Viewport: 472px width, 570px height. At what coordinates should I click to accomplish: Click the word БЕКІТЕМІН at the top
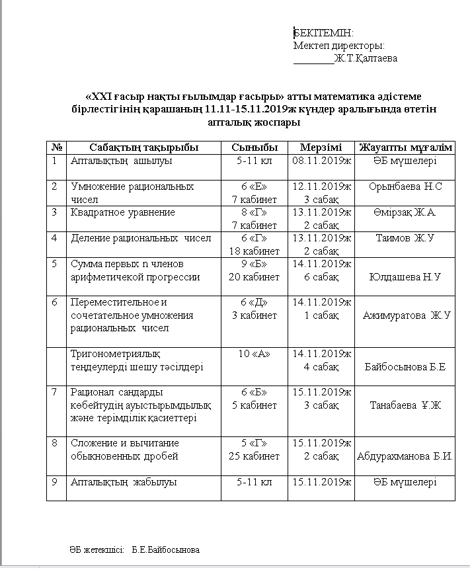(324, 33)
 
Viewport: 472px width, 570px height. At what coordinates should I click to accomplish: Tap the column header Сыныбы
(255, 147)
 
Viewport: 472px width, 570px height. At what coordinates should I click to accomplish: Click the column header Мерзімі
(321, 147)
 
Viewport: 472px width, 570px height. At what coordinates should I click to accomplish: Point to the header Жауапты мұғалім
(405, 147)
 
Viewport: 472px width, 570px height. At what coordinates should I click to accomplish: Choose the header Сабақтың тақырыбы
(143, 147)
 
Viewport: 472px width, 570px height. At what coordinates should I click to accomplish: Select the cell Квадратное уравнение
(123, 212)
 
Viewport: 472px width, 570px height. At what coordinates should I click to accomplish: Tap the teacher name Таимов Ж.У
(405, 238)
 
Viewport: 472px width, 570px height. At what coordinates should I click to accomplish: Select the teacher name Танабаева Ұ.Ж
(405, 405)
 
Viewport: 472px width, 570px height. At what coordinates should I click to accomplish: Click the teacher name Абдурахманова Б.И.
(405, 456)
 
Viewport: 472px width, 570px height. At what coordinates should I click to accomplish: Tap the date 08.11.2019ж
(321, 161)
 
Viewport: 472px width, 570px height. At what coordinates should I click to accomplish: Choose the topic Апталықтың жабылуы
(124, 482)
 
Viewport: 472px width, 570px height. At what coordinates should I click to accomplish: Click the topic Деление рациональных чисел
(141, 238)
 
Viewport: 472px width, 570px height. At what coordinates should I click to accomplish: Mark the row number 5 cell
(54, 264)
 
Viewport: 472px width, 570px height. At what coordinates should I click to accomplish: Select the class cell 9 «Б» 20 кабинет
(255, 270)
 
